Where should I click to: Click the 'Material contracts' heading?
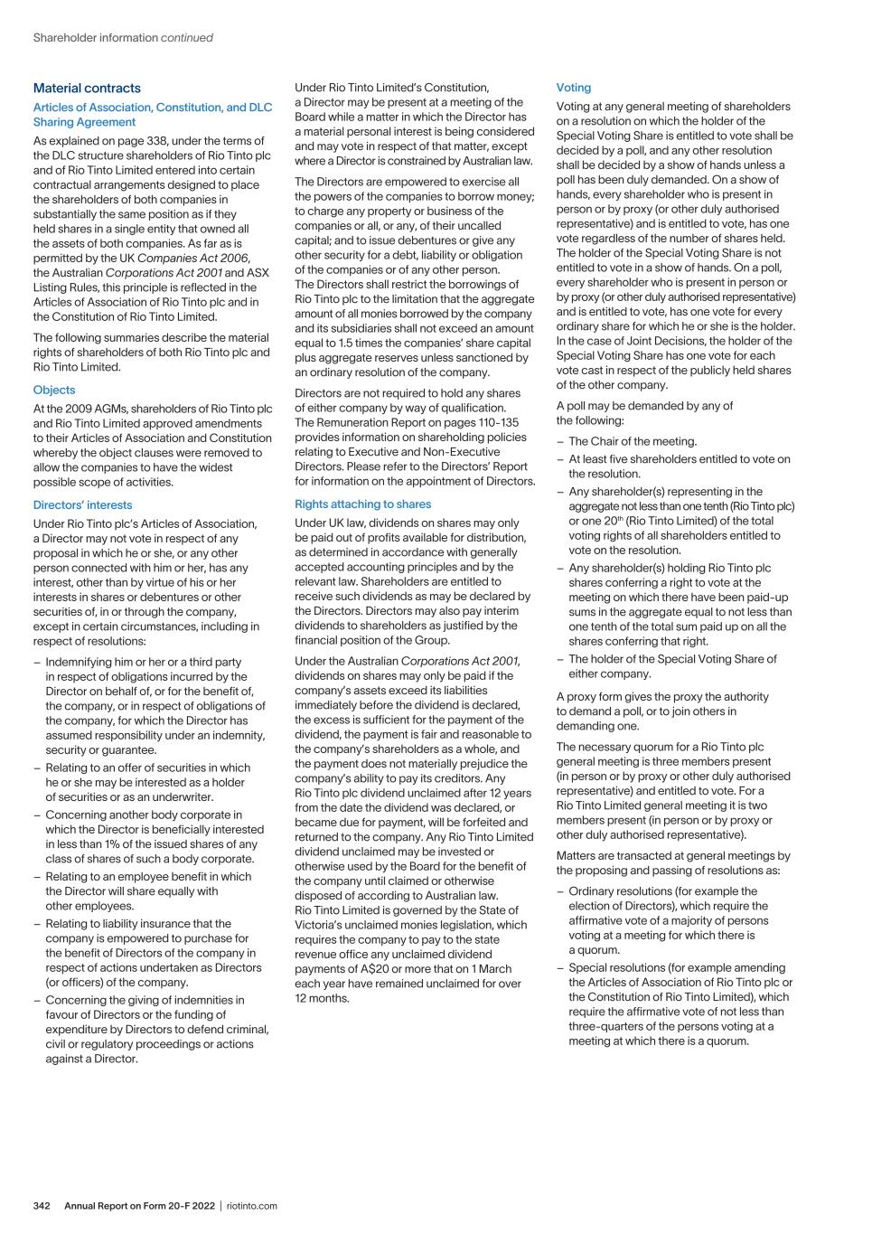[x=87, y=88]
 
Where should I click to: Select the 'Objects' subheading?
[x=54, y=390]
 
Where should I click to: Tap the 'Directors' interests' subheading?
[x=82, y=504]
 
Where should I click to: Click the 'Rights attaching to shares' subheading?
[x=362, y=504]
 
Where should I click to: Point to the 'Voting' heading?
[x=573, y=88]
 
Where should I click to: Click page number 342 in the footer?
[x=42, y=1205]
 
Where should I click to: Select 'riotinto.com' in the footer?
[x=252, y=1205]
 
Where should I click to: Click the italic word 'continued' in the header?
[x=187, y=38]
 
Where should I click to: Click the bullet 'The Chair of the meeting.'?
[x=633, y=441]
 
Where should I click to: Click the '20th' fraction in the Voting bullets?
[x=613, y=521]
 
